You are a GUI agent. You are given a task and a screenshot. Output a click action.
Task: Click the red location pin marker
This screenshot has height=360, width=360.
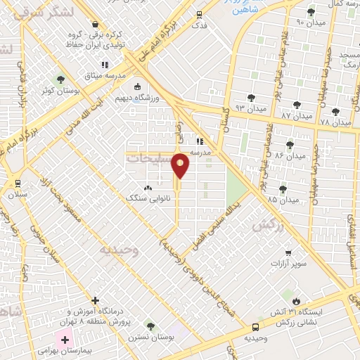181,165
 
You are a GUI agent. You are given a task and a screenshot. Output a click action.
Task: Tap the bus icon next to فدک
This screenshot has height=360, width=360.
200,15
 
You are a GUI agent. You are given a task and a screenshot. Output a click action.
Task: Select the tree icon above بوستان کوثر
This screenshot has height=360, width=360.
60,79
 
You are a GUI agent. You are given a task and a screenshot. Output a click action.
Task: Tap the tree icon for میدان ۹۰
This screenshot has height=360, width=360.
311,11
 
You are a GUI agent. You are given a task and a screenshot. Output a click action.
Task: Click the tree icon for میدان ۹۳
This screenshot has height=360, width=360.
251,98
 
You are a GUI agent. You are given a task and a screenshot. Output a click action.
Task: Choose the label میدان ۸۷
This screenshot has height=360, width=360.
296,115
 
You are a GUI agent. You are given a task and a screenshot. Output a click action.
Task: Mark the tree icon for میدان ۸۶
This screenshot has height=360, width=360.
289,144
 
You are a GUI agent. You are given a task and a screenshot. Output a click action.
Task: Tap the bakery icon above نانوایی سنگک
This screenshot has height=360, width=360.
148,188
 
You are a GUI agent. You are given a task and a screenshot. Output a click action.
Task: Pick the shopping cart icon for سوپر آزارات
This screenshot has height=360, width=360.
288,252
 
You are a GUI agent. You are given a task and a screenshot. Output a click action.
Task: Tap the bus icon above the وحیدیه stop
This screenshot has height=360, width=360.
255,327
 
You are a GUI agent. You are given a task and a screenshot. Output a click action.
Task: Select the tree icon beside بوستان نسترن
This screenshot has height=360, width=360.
150,326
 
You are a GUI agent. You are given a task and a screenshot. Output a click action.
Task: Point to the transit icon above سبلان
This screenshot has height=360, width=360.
18,183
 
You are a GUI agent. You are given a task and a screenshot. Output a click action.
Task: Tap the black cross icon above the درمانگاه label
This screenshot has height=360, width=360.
95,300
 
